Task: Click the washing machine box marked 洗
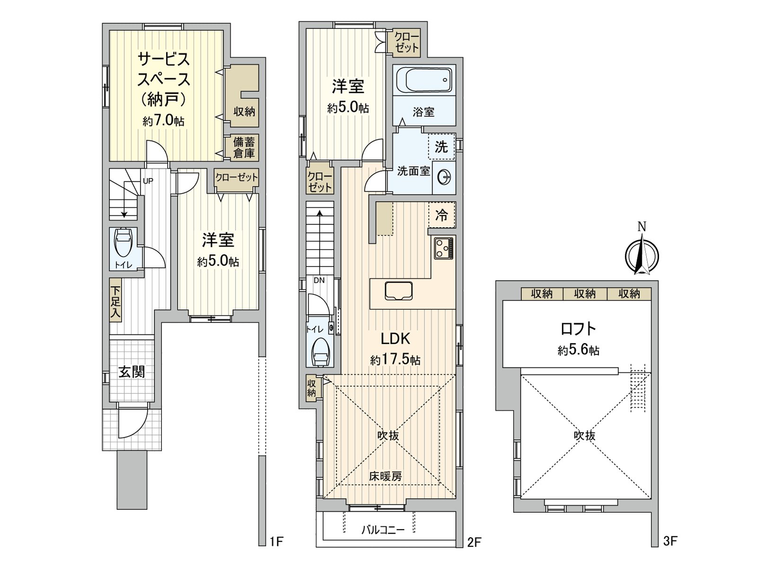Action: pos(441,147)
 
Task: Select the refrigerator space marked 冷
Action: pos(441,215)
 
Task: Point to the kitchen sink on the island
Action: pos(398,291)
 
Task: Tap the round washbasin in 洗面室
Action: pos(444,177)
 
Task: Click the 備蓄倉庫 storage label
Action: pos(244,147)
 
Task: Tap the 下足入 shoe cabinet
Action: pos(115,302)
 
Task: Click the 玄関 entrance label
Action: pos(131,372)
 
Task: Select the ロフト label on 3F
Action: pos(578,329)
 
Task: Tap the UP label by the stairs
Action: pos(148,181)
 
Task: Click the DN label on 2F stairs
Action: pos(319,280)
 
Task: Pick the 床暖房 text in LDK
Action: pos(386,477)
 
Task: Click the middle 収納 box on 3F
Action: pos(585,294)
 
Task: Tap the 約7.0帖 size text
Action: pos(164,121)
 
